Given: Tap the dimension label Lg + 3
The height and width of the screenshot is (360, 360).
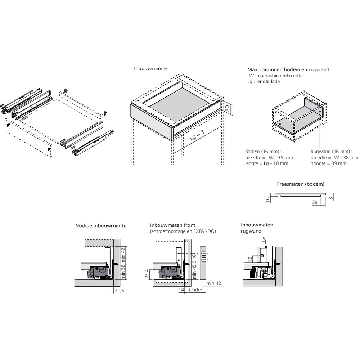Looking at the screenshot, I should [197, 137].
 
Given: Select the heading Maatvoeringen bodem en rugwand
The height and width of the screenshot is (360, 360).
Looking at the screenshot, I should [288, 69].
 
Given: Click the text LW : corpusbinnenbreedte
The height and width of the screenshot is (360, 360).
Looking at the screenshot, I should [275, 76].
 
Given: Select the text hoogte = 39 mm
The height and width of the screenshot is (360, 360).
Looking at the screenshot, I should [329, 163].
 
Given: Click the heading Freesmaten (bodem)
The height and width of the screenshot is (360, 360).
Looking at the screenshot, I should [301, 184].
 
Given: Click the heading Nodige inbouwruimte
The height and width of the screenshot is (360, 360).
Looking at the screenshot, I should [101, 226].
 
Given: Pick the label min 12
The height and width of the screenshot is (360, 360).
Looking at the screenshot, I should [214, 283].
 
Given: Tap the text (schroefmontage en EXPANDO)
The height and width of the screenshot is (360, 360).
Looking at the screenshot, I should [183, 231].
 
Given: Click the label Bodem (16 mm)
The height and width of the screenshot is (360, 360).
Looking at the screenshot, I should [263, 152].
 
